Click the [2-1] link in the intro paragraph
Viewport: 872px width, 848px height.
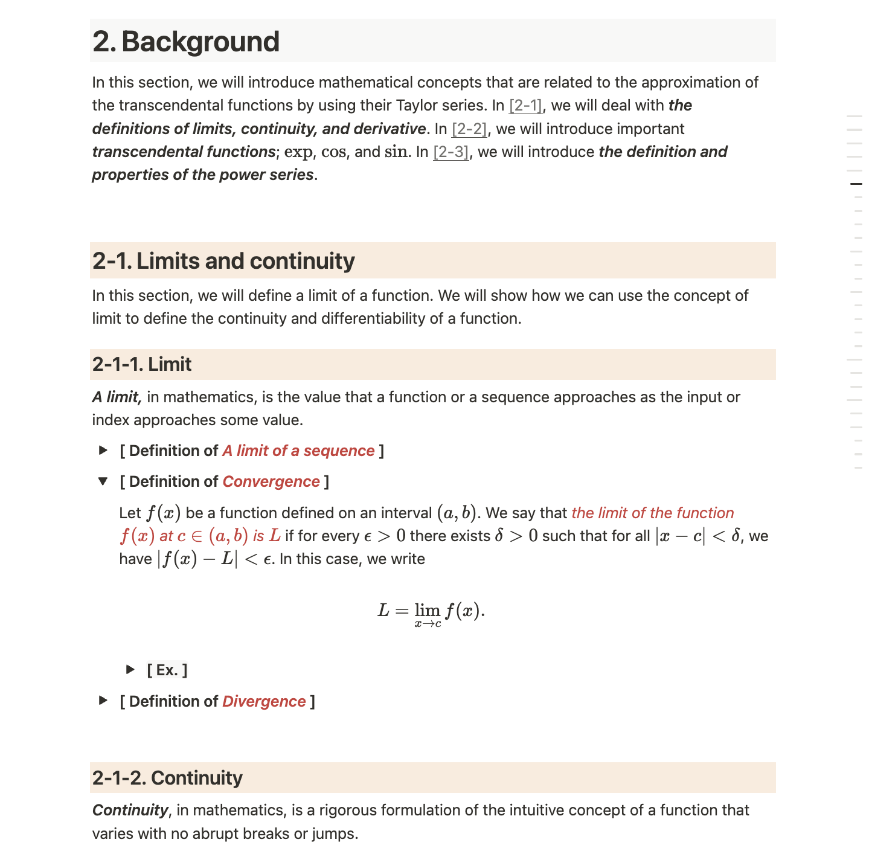point(525,106)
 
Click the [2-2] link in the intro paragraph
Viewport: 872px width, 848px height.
point(469,129)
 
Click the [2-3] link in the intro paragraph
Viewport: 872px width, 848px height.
point(451,152)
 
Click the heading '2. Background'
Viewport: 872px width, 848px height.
point(186,42)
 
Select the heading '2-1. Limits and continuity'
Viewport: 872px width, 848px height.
point(223,261)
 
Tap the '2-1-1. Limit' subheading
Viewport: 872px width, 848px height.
point(142,364)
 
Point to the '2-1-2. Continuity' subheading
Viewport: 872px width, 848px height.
point(167,778)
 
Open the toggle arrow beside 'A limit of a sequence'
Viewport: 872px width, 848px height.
point(103,451)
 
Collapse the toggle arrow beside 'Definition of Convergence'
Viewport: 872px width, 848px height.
point(103,481)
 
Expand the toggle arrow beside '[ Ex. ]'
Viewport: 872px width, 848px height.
point(130,669)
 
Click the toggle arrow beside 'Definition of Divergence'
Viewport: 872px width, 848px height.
point(103,701)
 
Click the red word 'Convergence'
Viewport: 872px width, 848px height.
point(271,482)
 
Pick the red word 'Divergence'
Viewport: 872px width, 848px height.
point(264,702)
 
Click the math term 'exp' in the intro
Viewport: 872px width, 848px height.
point(298,152)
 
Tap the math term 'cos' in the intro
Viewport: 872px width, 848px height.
point(333,152)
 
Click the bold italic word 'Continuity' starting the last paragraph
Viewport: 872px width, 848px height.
point(130,811)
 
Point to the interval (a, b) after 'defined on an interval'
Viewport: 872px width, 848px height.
point(457,513)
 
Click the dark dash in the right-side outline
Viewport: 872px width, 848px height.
point(856,184)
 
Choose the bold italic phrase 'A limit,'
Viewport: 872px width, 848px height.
point(117,397)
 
